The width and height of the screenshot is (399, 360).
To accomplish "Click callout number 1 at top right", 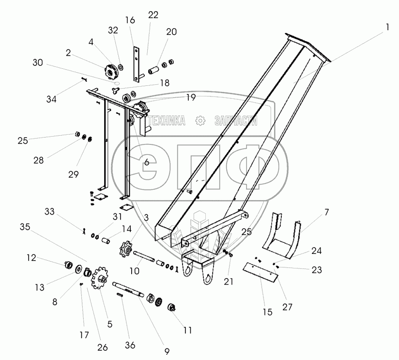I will [387, 29].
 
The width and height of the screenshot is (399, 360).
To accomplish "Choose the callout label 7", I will [326, 212].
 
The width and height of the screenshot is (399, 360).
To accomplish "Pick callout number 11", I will [187, 330].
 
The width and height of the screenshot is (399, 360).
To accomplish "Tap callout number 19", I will [191, 98].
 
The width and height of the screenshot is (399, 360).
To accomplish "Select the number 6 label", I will [146, 162].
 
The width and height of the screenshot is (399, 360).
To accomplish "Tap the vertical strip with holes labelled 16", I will [137, 63].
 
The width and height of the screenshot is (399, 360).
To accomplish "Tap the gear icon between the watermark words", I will [199, 121].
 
